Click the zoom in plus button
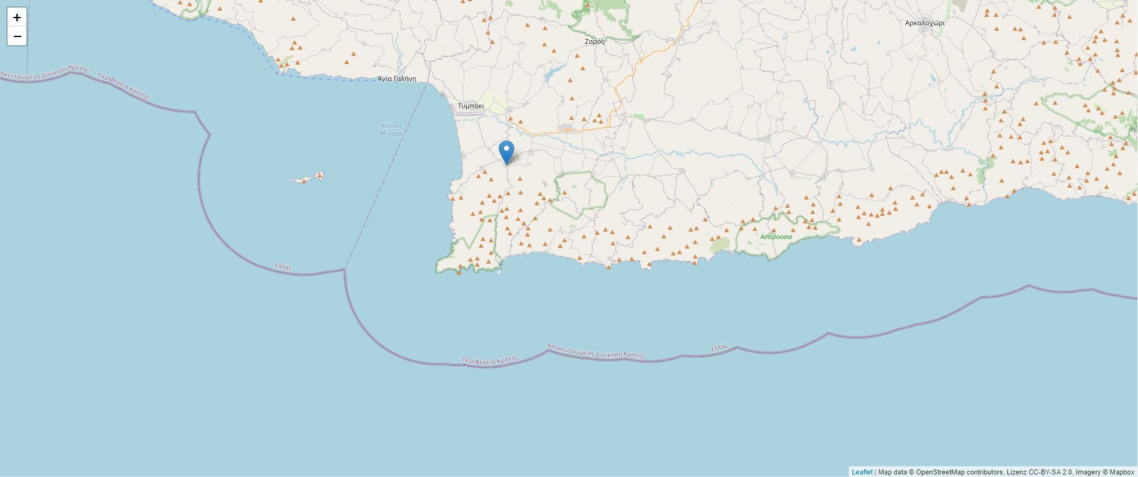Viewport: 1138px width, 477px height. point(17,18)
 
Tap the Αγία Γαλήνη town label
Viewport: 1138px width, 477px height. point(397,79)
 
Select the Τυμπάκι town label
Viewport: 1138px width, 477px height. point(470,106)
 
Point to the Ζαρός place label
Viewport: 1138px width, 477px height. point(594,41)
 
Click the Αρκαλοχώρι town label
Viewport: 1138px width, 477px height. point(924,23)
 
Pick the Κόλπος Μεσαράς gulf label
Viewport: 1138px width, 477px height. point(393,130)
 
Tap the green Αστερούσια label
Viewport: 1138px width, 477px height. point(776,237)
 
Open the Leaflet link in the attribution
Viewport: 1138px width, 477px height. point(862,472)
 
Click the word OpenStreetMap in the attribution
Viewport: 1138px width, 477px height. point(940,472)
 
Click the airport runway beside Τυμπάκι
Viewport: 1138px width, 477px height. point(470,114)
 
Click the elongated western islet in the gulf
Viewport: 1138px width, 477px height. point(301,180)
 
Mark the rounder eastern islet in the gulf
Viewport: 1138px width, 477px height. point(318,176)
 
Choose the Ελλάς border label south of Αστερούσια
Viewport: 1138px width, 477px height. point(720,347)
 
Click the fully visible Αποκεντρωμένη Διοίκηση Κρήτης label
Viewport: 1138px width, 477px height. point(595,351)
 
